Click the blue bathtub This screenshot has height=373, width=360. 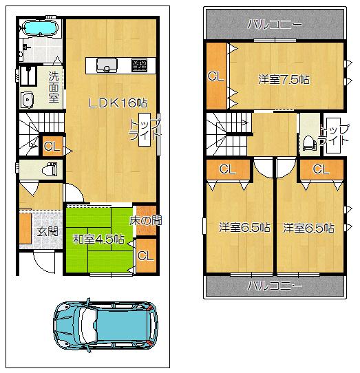41,29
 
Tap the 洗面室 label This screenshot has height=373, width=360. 53,83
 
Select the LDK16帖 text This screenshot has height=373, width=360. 116,102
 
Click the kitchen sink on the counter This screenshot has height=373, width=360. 107,65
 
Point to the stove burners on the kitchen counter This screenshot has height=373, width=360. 138,65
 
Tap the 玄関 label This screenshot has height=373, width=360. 47,231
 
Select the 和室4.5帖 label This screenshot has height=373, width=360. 98,239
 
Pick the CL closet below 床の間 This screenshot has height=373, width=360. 145,255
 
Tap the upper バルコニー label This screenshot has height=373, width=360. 275,24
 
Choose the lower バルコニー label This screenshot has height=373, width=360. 275,284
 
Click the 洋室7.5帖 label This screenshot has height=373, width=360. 284,79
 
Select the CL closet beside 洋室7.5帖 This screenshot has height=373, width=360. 215,76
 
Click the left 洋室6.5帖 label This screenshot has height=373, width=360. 244,227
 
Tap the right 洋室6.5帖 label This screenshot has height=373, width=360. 308,227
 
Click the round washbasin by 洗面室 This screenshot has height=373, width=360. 28,100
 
